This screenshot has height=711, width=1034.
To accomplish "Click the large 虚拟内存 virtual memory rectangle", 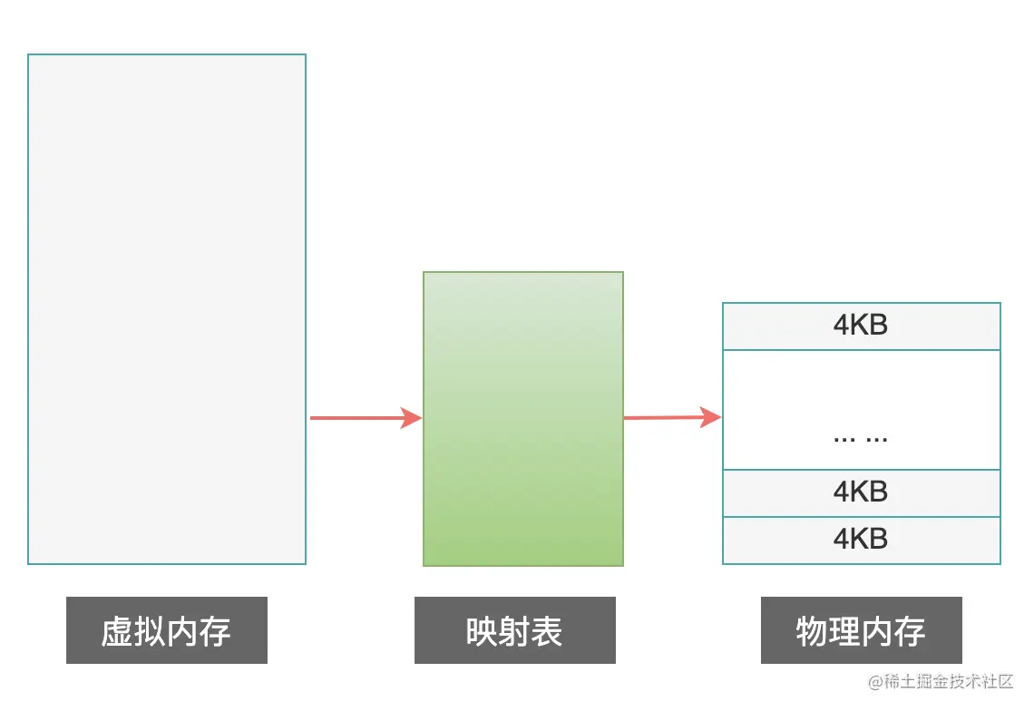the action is pos(167,308).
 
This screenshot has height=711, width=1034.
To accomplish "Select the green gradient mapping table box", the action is pos(523,418).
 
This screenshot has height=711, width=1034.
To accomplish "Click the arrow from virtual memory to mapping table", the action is pos(363,418).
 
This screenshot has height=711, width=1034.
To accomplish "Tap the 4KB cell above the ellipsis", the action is pos(861,326).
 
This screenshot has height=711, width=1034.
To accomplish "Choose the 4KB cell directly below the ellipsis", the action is pos(861,492).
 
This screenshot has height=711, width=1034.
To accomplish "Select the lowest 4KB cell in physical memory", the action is pos(861,540).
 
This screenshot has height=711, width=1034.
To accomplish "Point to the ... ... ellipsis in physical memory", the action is pos(860,437).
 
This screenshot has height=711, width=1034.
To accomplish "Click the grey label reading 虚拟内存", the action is pos(167,630).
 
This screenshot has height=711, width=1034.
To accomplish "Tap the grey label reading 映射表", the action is pos(515,630).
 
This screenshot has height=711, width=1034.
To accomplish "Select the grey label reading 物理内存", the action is pos(861,630).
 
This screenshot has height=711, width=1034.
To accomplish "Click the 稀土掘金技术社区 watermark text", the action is pos(949,683).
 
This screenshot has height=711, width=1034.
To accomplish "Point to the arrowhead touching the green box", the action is pos(413,418).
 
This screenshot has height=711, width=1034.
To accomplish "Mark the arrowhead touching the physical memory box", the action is pos(712,417).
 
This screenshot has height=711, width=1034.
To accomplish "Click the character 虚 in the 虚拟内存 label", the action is pos(117,631).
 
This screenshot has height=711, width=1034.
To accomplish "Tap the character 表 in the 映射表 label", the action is pos(547,631).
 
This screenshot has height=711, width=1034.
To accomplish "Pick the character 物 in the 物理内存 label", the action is pos(812,631).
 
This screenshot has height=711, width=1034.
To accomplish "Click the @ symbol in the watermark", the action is pos(876,683).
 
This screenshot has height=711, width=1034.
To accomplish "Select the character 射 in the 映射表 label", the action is pos(514,631).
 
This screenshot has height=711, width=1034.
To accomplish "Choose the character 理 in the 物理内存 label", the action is pos(844,631).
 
